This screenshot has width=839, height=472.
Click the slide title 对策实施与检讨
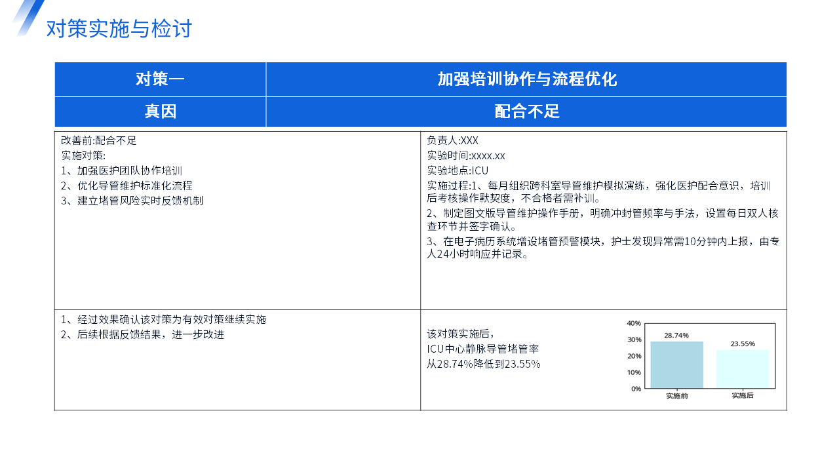[x=119, y=28]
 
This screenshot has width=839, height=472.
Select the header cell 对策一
[x=161, y=79]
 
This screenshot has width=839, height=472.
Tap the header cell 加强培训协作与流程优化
[x=526, y=79]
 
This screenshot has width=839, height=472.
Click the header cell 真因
[x=161, y=111]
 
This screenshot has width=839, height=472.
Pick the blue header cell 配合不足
[x=526, y=111]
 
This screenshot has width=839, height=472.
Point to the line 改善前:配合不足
[x=99, y=140]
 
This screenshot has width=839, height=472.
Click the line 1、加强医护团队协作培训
[x=122, y=171]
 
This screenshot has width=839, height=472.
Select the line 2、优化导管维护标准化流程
[x=127, y=186]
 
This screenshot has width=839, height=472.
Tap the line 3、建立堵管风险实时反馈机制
[x=132, y=201]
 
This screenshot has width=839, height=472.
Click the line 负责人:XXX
[x=452, y=140]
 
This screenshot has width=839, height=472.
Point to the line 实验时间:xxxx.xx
[x=466, y=155]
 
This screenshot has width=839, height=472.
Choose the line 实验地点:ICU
[x=458, y=171]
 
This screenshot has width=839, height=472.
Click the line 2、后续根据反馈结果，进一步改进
[x=143, y=334]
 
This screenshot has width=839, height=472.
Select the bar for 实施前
[x=677, y=364]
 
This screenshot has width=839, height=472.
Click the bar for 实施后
[x=743, y=369]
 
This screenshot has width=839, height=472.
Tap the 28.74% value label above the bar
[x=676, y=335]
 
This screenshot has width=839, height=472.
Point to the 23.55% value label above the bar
[x=743, y=344]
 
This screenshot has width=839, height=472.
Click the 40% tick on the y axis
[x=634, y=323]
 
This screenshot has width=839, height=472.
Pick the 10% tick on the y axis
[x=634, y=372]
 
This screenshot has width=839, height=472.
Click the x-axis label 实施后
[x=743, y=395]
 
